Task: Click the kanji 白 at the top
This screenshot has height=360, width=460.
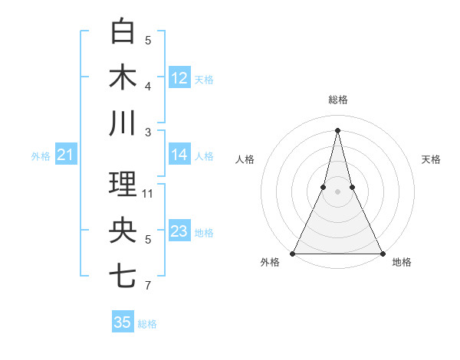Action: click(123, 31)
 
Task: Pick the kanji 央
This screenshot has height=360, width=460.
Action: click(123, 231)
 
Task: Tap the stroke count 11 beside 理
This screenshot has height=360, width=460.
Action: click(148, 194)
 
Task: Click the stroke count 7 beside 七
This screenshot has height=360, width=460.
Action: click(148, 286)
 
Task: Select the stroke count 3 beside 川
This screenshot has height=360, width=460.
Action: click(148, 132)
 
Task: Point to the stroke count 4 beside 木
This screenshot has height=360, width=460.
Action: click(148, 87)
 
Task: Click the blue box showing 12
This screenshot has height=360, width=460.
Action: click(179, 77)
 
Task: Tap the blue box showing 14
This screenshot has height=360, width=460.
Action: click(179, 155)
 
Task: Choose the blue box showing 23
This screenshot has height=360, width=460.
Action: click(179, 231)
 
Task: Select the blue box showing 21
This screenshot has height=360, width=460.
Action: click(65, 155)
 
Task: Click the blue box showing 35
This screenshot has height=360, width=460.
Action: click(123, 322)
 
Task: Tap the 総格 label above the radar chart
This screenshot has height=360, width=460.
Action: click(337, 100)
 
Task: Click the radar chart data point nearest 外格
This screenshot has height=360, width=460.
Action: click(294, 253)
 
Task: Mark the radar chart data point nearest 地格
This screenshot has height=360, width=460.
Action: click(381, 253)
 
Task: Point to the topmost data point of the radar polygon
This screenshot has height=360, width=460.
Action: click(337, 129)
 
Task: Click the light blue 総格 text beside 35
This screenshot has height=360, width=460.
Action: click(147, 324)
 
